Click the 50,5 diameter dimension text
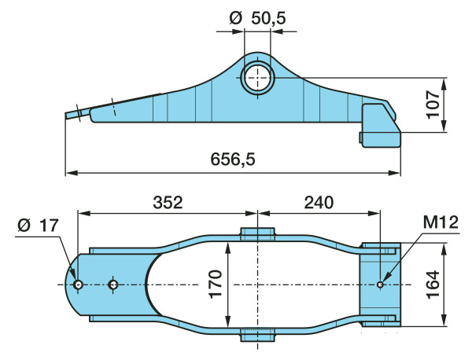pos(268,19)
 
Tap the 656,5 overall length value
pos(233,159)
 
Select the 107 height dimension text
pos(433,105)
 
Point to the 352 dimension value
pos(168,203)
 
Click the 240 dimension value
pos(319,203)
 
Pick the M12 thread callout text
pos(441,222)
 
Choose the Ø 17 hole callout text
pos(38,226)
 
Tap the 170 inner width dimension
pos(216,285)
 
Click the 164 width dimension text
pos(433,285)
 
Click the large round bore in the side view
pos(257,78)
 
